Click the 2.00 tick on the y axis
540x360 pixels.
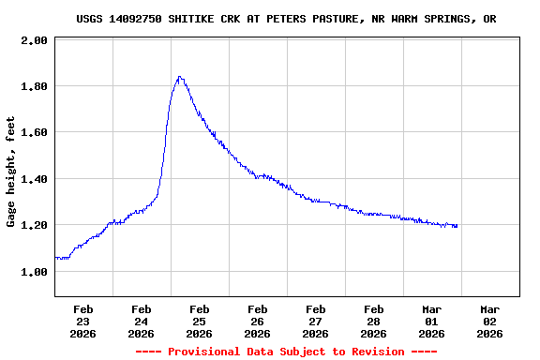point(35,41)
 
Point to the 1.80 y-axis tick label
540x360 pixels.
point(35,87)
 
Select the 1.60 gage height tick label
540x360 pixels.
point(35,133)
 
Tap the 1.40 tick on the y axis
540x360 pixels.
point(35,179)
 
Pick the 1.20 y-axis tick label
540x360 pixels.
point(35,225)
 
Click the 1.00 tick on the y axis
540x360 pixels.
point(35,272)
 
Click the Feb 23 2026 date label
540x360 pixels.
point(82,321)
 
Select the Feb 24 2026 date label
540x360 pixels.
point(141,321)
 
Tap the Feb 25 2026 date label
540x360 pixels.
point(199,321)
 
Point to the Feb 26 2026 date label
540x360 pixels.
point(257,321)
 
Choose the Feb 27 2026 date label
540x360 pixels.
point(315,321)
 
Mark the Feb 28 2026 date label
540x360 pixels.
point(373,321)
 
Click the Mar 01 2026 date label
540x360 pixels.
point(431,321)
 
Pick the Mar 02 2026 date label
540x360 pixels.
point(489,321)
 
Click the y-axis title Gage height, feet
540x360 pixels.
point(11,172)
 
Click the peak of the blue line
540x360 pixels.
point(179,78)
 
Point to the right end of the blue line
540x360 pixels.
point(457,226)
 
